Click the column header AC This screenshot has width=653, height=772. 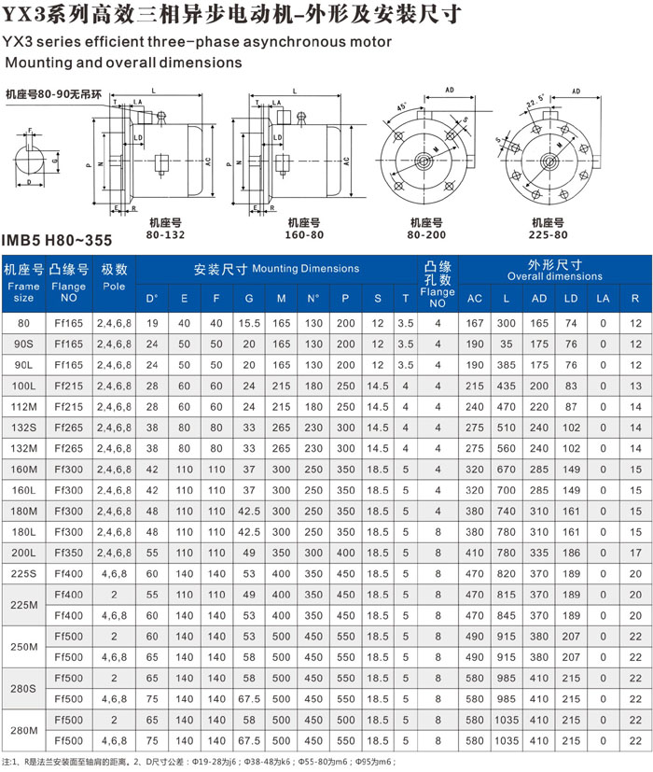click(x=475, y=299)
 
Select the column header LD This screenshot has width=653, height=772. click(x=572, y=299)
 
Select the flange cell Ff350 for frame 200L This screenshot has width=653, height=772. click(x=69, y=552)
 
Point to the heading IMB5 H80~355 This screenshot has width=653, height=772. click(x=57, y=240)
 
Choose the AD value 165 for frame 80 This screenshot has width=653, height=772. click(x=539, y=323)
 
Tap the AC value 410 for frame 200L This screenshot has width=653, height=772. click(x=475, y=552)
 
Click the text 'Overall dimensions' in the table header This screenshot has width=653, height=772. click(x=555, y=277)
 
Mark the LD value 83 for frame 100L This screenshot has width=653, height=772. click(x=572, y=385)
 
